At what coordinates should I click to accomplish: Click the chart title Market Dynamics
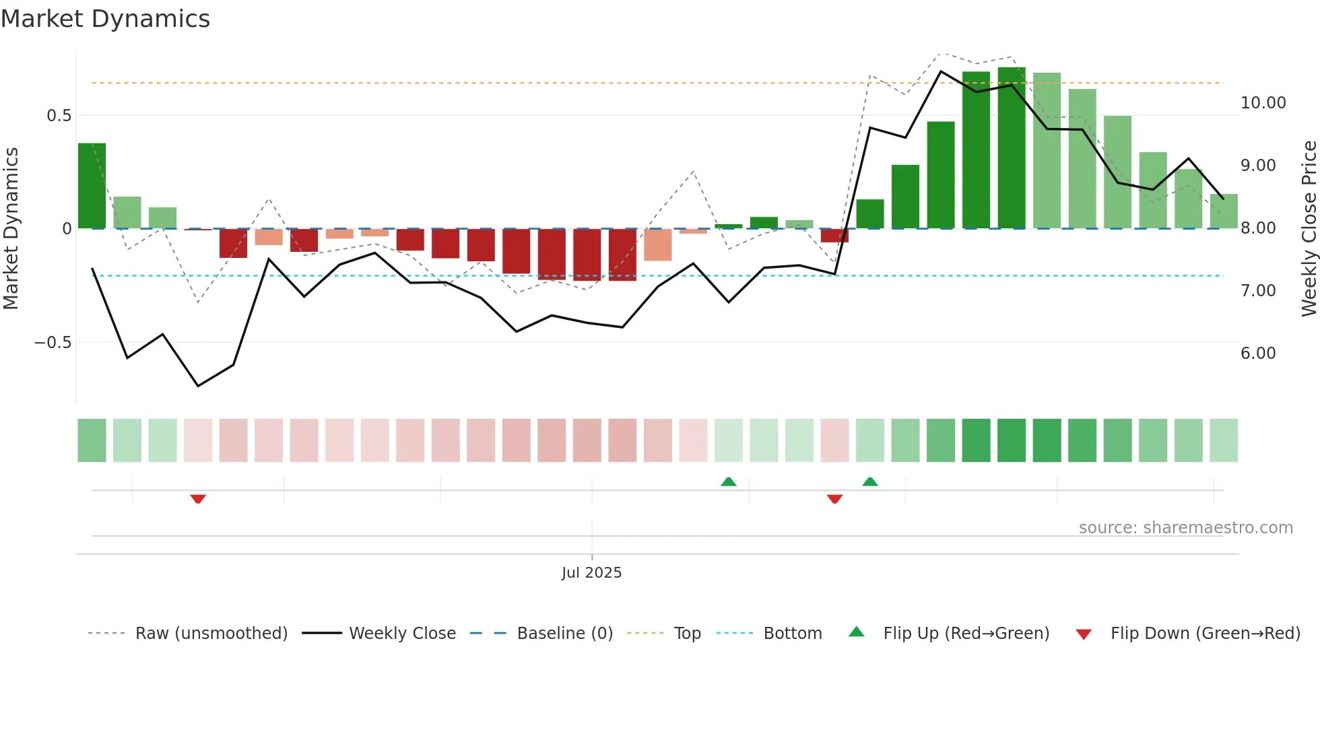pyautogui.click(x=106, y=19)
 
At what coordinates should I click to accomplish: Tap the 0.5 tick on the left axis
pyautogui.click(x=59, y=116)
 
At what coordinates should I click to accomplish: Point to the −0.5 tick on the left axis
pyautogui.click(x=53, y=343)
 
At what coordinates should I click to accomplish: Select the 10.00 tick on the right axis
pyautogui.click(x=1263, y=103)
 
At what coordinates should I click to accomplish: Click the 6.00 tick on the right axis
pyautogui.click(x=1258, y=353)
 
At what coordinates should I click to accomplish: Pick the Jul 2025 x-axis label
pyautogui.click(x=591, y=573)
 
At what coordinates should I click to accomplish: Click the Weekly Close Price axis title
pyautogui.click(x=1309, y=228)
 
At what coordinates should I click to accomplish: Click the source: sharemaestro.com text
pyautogui.click(x=1185, y=528)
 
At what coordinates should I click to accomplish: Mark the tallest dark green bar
pyautogui.click(x=1012, y=148)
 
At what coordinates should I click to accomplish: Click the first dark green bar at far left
pyautogui.click(x=92, y=186)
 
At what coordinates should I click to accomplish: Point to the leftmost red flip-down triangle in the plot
pyautogui.click(x=197, y=499)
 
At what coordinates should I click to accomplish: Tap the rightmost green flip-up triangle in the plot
pyautogui.click(x=870, y=482)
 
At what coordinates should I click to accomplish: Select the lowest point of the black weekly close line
pyautogui.click(x=198, y=386)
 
